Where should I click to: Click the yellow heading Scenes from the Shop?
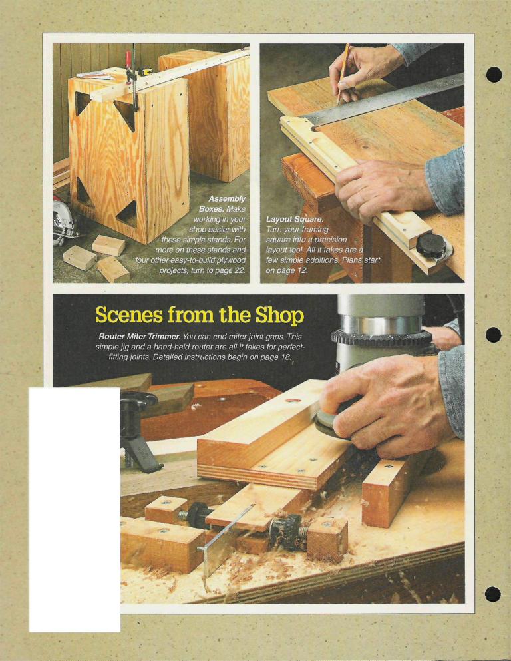199,316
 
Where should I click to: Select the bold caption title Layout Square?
295,219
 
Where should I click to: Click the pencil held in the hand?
343,74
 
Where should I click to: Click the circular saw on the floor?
64,222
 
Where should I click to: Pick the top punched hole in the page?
494,75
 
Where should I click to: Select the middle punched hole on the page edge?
493,335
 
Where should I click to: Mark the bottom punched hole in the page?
493,594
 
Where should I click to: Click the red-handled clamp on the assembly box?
132,78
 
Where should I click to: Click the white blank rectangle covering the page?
75,510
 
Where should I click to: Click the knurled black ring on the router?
381,338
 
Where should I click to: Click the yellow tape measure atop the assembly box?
145,72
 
